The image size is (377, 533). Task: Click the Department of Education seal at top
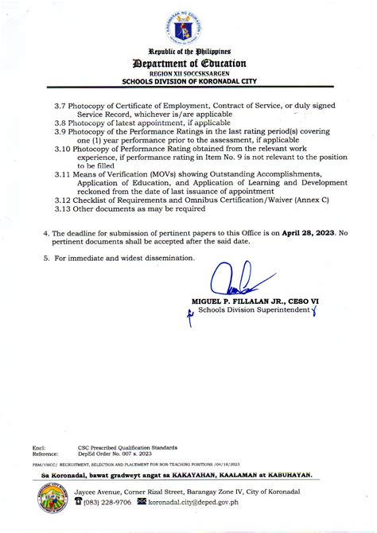tap(188, 25)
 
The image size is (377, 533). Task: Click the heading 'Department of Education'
tap(188, 63)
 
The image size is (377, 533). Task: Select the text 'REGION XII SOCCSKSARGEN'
tap(188, 73)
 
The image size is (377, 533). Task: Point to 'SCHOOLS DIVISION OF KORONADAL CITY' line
tap(188, 81)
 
